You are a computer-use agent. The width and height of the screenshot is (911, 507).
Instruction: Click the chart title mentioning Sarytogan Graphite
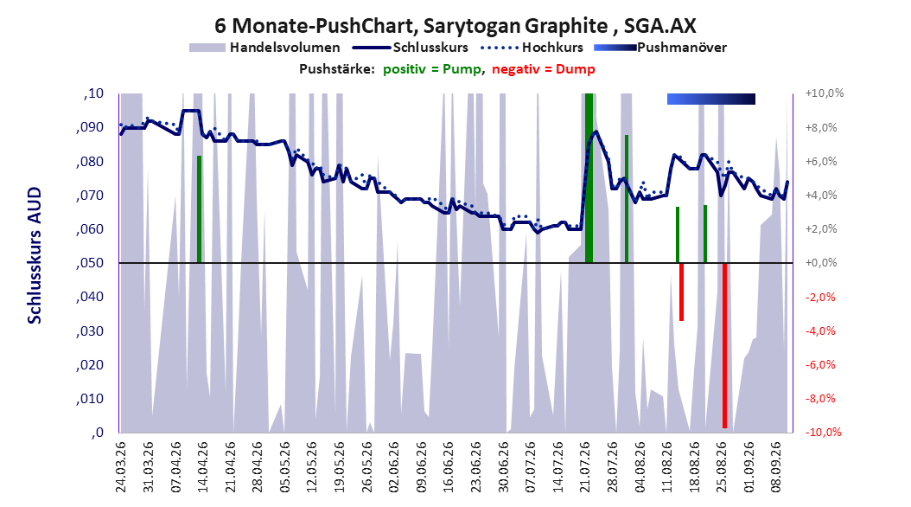(455, 26)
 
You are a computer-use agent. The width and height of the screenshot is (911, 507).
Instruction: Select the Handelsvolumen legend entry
(265, 48)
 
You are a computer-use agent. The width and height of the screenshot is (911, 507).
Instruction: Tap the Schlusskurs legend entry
(411, 48)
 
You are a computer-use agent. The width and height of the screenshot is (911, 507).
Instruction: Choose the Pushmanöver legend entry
(660, 48)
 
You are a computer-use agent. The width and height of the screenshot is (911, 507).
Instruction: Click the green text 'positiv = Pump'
(432, 69)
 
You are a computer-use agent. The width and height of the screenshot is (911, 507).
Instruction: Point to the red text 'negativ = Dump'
(544, 69)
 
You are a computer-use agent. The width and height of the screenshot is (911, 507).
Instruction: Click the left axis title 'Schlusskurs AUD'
(35, 255)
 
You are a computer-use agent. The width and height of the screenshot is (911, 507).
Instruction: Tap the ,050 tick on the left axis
(90, 263)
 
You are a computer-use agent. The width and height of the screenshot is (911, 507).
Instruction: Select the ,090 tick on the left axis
(90, 127)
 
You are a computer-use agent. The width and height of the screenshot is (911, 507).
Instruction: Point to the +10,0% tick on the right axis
(825, 93)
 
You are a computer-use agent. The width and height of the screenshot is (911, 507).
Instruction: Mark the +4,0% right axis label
(821, 195)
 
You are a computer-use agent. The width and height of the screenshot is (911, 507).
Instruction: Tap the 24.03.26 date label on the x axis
(121, 467)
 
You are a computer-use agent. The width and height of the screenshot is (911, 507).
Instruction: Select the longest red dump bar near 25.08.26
(724, 345)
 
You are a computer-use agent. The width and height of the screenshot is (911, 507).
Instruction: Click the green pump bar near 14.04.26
(200, 209)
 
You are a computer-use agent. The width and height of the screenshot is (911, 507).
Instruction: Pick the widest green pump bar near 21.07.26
(589, 178)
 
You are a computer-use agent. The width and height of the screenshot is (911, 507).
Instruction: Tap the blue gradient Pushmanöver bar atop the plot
(711, 99)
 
